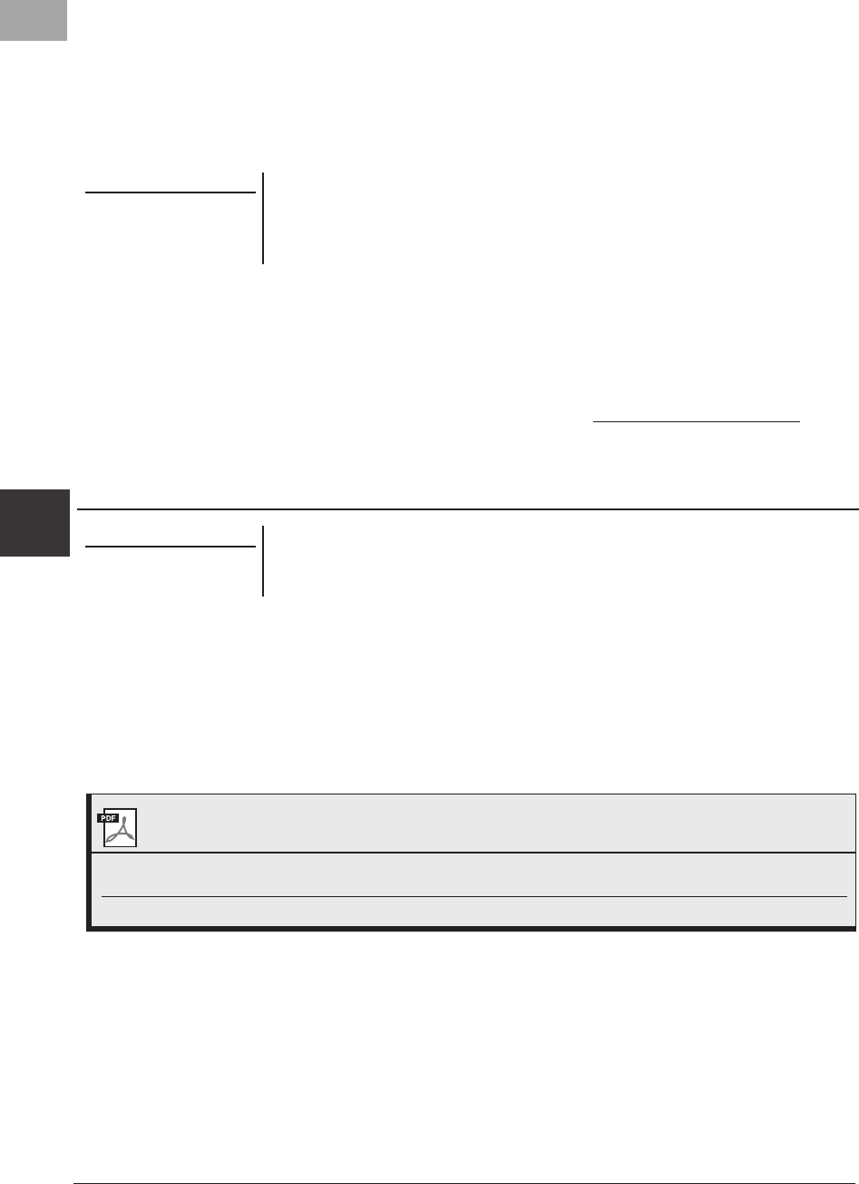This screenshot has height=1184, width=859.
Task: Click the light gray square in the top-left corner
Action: tap(34, 19)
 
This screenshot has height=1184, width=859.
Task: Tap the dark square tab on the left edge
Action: tap(34, 523)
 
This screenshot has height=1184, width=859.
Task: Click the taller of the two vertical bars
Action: tap(263, 218)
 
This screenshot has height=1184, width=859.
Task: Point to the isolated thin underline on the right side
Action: tap(697, 421)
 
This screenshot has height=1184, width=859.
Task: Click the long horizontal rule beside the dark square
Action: tap(467, 509)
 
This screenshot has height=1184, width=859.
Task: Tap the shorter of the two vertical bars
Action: tap(263, 560)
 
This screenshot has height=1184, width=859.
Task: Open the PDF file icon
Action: tap(117, 826)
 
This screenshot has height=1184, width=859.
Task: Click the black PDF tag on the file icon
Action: tap(109, 817)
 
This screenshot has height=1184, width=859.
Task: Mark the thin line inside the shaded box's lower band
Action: tap(472, 897)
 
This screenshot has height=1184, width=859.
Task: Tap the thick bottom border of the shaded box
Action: tap(472, 928)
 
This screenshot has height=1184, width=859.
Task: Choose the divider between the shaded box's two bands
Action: tap(472, 853)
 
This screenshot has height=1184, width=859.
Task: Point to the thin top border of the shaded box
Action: tap(472, 794)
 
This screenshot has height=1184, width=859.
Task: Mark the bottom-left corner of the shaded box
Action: tap(89, 928)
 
